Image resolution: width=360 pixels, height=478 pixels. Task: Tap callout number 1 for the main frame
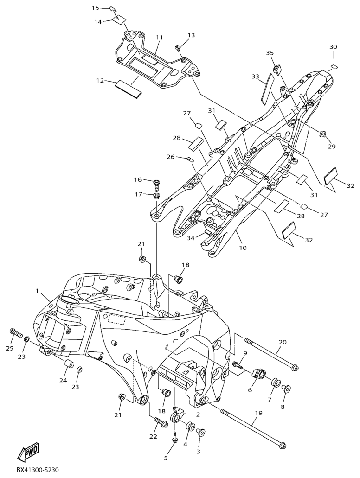point(37,291)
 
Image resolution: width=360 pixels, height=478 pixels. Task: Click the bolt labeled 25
point(17,332)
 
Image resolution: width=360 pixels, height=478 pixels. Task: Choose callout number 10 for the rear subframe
point(243,248)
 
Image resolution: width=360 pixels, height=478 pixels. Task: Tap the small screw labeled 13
point(177,48)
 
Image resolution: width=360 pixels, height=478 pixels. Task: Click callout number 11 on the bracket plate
point(159,38)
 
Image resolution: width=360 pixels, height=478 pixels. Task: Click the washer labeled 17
point(156,195)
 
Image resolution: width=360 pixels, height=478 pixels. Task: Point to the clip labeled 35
point(276,70)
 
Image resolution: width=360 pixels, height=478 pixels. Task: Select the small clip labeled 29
point(322,134)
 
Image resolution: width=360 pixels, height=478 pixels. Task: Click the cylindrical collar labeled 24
point(69,365)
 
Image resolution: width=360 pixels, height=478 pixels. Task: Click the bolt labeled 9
point(238,364)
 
